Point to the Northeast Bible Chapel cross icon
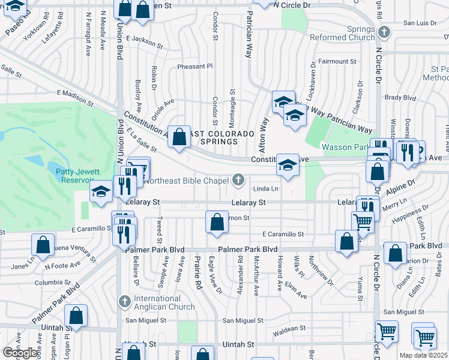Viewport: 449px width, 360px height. [x=238, y=179]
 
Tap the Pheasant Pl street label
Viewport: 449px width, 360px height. [x=194, y=67]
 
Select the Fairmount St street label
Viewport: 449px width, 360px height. [x=337, y=61]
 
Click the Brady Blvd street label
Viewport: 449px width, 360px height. [x=396, y=97]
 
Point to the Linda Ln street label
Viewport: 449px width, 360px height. [x=267, y=190]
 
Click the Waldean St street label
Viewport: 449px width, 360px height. [x=289, y=329]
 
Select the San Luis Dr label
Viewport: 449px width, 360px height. [x=420, y=23]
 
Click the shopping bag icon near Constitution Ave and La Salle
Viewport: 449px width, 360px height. [x=179, y=137]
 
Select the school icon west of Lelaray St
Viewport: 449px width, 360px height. [x=100, y=192]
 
